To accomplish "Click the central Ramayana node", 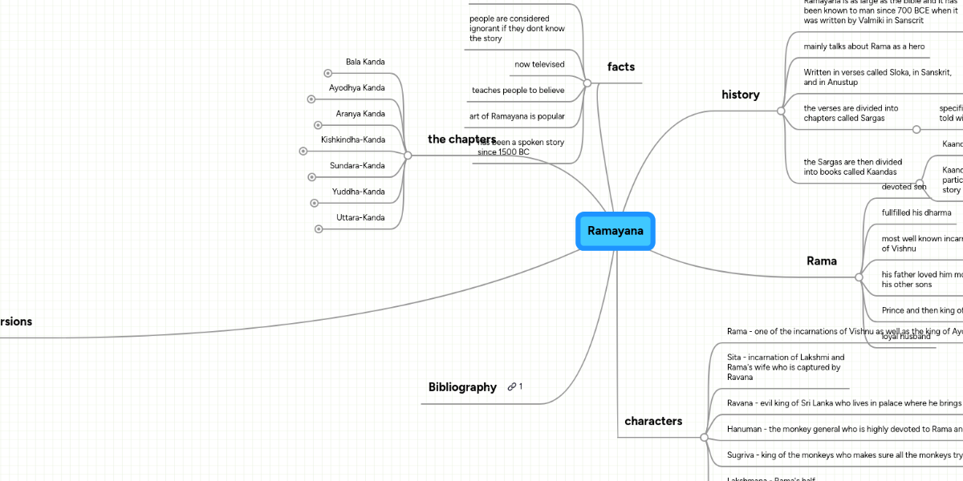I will [x=616, y=231].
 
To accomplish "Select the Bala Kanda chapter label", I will [x=365, y=62].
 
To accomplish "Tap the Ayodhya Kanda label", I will [x=356, y=87].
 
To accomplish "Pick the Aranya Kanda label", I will [x=360, y=114].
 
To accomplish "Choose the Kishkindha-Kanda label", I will [x=352, y=139].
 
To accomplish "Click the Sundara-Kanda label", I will [x=357, y=166].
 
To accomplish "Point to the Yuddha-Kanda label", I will [x=358, y=192].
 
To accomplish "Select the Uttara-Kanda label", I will [x=360, y=217].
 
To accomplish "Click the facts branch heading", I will [x=621, y=67].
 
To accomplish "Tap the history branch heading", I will [x=741, y=95].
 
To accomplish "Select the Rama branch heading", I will [x=821, y=261].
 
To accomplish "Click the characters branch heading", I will [x=653, y=421].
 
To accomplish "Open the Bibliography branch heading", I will [x=462, y=387].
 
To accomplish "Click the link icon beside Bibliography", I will [x=512, y=387].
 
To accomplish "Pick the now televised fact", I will [x=539, y=64].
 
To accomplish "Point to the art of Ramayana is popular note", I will [x=517, y=116].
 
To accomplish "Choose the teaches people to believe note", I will [x=518, y=91].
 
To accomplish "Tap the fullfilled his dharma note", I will [x=916, y=212].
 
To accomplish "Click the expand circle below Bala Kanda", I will [x=328, y=74].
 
